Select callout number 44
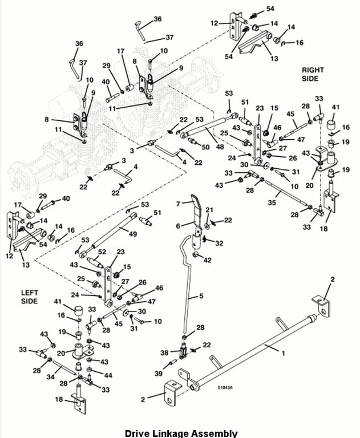(109, 375)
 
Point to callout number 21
(209, 210)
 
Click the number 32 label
(219, 243)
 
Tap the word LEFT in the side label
(30, 293)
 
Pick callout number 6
(178, 226)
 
